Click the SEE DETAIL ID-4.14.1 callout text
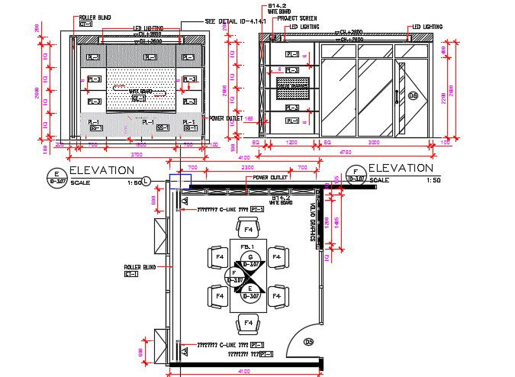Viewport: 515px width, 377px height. [x=235, y=21]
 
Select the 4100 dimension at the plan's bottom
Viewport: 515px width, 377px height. [x=244, y=372]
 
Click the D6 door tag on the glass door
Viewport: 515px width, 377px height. [x=414, y=95]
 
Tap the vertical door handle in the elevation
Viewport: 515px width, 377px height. [x=396, y=85]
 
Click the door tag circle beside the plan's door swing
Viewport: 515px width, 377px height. [x=310, y=343]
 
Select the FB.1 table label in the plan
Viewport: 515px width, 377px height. [x=246, y=246]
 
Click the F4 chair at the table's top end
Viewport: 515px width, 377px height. [x=246, y=228]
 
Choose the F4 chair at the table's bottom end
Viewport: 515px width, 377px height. [x=246, y=325]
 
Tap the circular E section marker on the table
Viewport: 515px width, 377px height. [x=249, y=292]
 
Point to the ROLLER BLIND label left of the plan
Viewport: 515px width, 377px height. [x=140, y=267]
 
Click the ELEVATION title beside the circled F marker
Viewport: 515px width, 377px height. [x=401, y=168]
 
